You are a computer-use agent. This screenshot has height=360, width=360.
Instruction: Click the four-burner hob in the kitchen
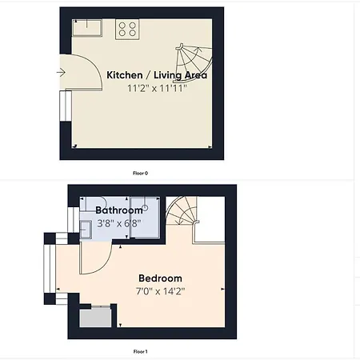click(x=127, y=29)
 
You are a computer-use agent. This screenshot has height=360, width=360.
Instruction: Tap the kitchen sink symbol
click(x=87, y=27)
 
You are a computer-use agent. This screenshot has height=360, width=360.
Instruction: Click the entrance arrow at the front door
click(x=61, y=72)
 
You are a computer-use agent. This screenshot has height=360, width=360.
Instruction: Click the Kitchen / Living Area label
click(x=157, y=75)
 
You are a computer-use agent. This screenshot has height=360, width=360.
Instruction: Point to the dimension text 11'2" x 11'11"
click(x=157, y=88)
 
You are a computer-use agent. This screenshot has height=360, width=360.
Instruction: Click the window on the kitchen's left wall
click(x=66, y=106)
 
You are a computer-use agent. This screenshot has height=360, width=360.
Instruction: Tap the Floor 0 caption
click(x=140, y=173)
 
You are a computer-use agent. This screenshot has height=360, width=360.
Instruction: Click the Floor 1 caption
click(x=140, y=351)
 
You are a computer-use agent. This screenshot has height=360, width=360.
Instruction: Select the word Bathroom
click(x=119, y=210)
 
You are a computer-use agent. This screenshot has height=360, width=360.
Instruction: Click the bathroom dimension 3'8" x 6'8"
click(x=119, y=223)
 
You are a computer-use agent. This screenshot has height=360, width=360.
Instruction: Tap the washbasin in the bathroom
click(x=86, y=230)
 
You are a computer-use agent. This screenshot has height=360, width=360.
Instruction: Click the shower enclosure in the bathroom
click(x=145, y=218)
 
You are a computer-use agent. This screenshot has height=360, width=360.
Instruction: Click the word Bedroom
click(x=160, y=278)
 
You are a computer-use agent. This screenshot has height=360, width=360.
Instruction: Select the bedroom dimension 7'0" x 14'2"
click(x=160, y=291)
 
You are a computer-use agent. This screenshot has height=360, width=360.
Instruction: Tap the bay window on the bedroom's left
click(x=50, y=269)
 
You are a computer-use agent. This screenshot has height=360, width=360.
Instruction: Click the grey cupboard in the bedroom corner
click(x=95, y=318)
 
